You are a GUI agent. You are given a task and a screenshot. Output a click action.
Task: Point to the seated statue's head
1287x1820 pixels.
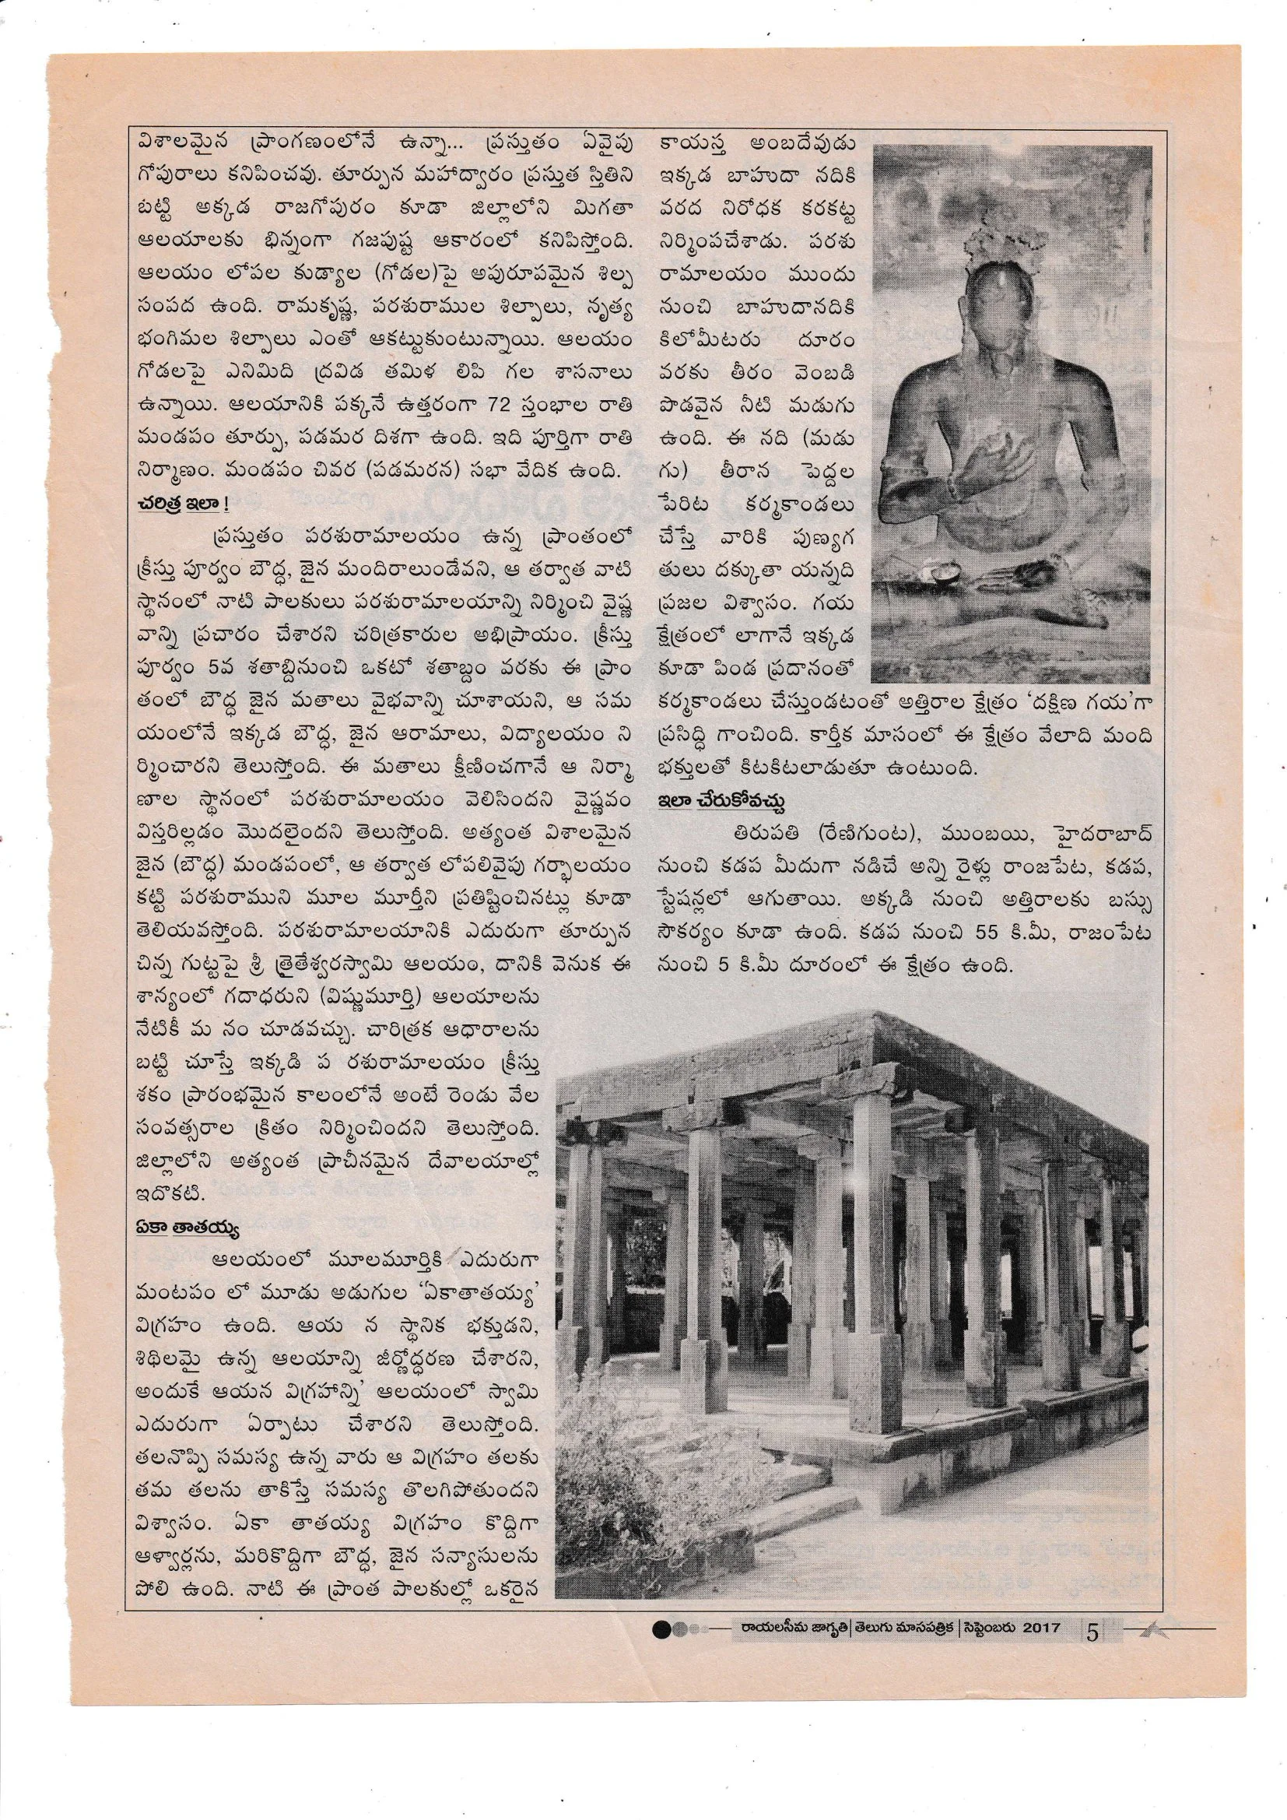tap(1005, 255)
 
